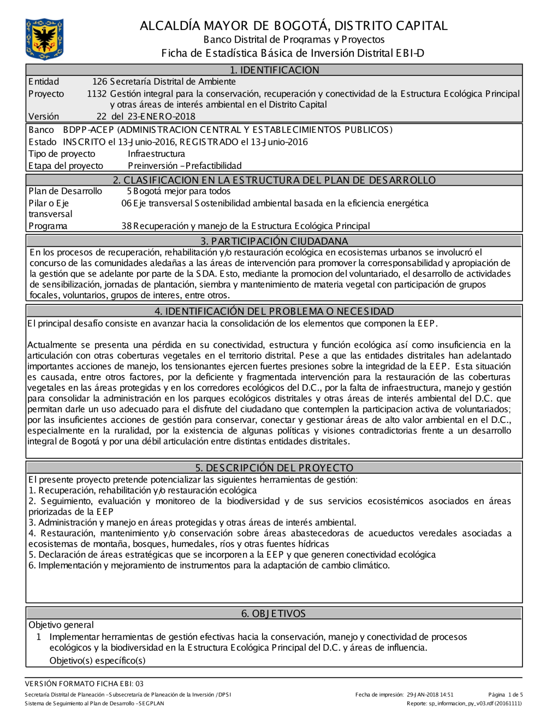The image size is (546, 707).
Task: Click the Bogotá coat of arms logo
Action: pos(44,39)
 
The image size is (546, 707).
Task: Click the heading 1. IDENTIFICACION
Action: pos(274,70)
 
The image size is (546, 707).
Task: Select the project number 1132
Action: pos(97,94)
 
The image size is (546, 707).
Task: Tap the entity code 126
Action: pos(99,82)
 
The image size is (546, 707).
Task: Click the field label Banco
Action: pos(41,130)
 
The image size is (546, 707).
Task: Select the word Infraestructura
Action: pos(156,154)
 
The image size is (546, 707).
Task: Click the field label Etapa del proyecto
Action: pos(66,166)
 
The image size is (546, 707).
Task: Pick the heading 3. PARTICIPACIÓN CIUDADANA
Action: pos(274,241)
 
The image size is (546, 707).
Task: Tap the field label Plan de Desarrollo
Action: pos(65,191)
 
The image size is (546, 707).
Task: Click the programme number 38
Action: pos(127,226)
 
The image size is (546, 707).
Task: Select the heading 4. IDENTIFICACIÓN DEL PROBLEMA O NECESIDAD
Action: pos(274,311)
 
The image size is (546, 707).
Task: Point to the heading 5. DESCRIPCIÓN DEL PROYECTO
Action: pos(274,468)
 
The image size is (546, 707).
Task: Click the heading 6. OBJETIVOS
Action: pos(274,614)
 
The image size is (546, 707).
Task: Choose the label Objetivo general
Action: pos(61,625)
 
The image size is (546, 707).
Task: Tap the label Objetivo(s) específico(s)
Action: pos(97,661)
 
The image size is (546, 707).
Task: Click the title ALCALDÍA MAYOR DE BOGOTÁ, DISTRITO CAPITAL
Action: pos(293,26)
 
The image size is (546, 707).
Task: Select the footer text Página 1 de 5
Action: pos(505,695)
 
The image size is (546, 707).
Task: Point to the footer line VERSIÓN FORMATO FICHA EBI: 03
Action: pos(84,684)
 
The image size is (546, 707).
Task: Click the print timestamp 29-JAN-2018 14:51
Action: pos(430,695)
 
